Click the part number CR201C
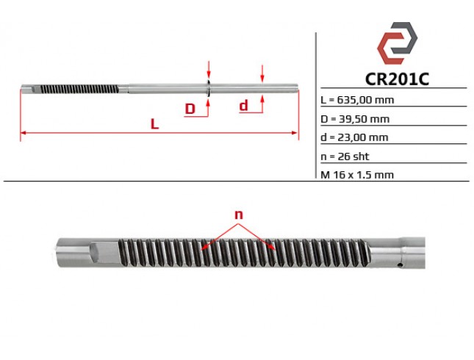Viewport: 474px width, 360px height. click(397, 79)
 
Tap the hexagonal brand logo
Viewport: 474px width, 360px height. click(397, 43)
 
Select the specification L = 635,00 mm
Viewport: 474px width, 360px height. click(357, 100)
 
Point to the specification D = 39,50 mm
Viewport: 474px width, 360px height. click(355, 119)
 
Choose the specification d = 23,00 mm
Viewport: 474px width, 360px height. click(354, 137)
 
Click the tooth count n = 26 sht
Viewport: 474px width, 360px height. click(345, 156)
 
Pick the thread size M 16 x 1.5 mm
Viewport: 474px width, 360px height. click(357, 175)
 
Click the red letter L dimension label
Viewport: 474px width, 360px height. click(154, 124)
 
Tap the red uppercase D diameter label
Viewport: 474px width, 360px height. click(190, 109)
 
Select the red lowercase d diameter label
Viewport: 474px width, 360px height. click(244, 106)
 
